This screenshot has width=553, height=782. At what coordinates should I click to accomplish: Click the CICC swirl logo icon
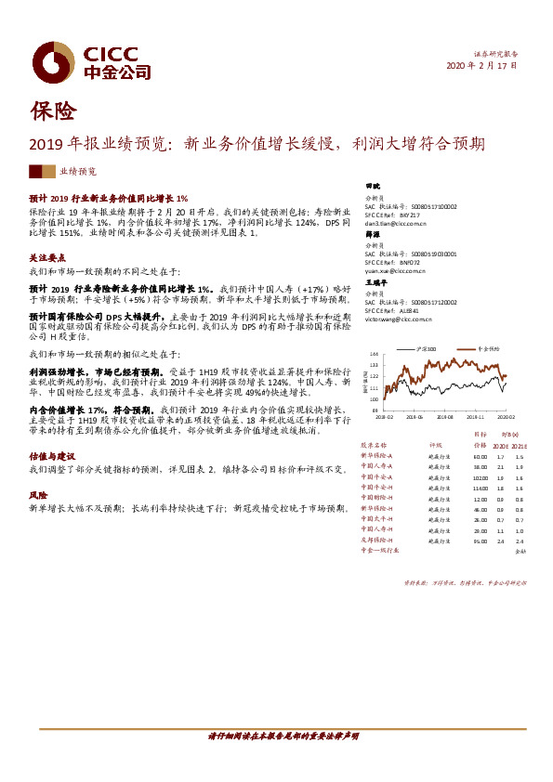[x=53, y=61]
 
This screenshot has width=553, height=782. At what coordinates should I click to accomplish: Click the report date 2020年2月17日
[x=482, y=66]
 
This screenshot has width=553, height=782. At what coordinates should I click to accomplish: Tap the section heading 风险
[x=37, y=496]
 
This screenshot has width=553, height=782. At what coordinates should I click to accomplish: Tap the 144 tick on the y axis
[x=374, y=355]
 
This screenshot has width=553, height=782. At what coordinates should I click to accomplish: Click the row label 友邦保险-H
[x=377, y=540]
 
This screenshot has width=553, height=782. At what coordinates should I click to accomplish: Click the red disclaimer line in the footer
[x=276, y=735]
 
